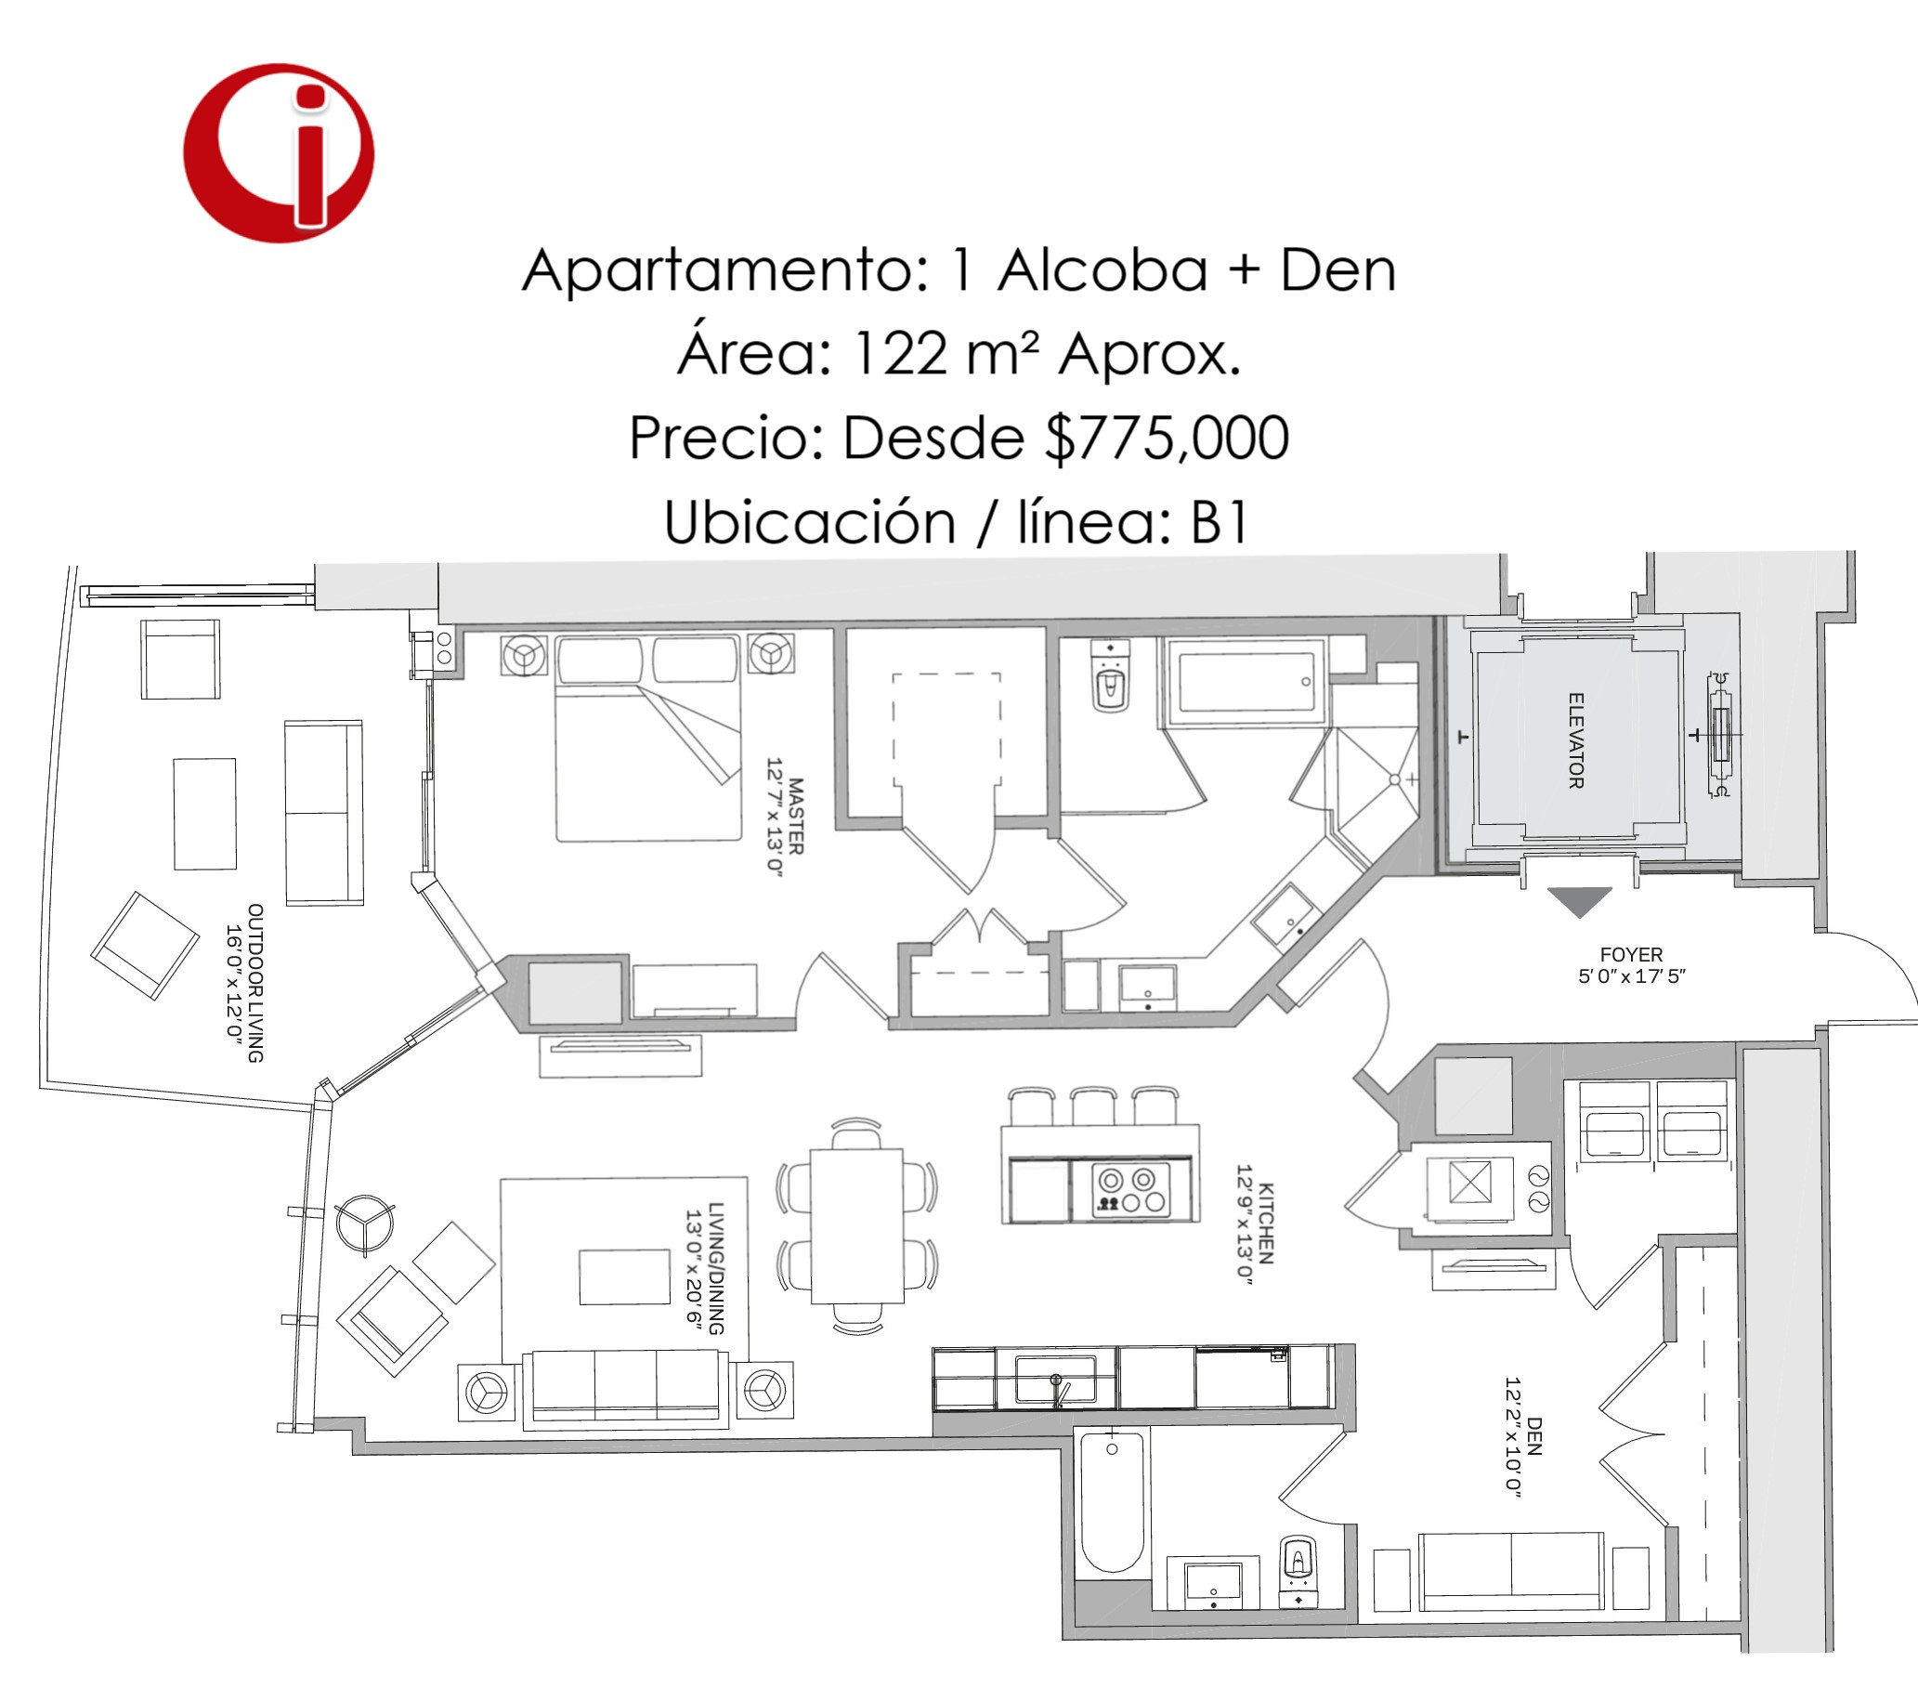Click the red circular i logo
click(279, 153)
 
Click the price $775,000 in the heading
click(1168, 438)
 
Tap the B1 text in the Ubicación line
click(1220, 522)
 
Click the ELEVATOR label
click(1576, 740)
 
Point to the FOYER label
click(1631, 954)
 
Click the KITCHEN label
click(1265, 1223)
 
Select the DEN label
click(1534, 1435)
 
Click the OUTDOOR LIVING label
click(255, 983)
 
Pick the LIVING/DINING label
click(716, 1269)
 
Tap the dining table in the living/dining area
click(856, 1225)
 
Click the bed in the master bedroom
click(648, 738)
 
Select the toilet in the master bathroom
click(1111, 677)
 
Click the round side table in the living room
click(365, 1225)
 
